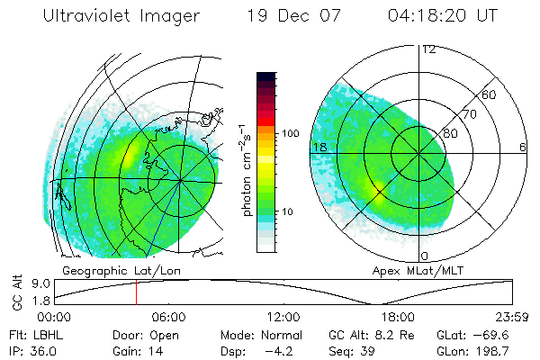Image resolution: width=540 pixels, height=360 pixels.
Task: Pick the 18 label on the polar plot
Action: pos(318,147)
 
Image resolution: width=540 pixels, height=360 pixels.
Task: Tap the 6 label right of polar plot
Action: pos(523,147)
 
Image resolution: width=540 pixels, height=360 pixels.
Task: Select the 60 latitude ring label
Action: pos(490,94)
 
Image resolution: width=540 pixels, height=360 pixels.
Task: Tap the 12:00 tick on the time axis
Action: pos(283,317)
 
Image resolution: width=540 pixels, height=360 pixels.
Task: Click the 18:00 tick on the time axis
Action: pos(398,317)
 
